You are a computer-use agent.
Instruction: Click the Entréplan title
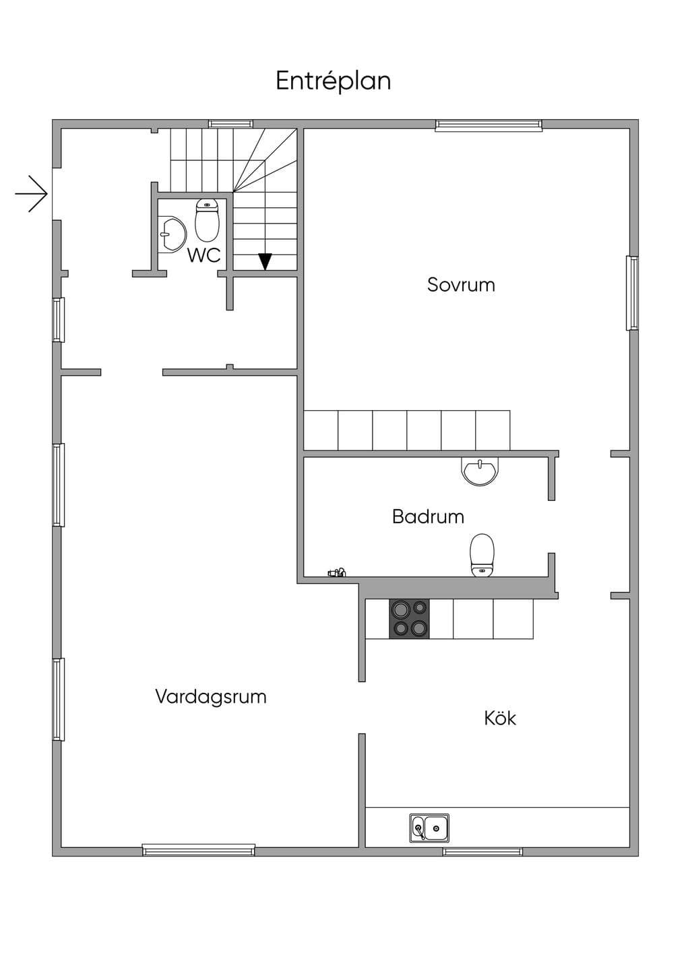click(x=334, y=81)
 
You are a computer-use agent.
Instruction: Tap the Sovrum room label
click(x=461, y=285)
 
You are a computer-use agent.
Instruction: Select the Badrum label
click(x=428, y=516)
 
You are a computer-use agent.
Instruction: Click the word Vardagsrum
click(x=211, y=696)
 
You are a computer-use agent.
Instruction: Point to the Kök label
click(x=500, y=718)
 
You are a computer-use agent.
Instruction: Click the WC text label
click(x=204, y=255)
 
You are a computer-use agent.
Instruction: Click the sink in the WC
click(x=172, y=234)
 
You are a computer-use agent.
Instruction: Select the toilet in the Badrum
click(x=482, y=555)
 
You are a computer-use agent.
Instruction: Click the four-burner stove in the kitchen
click(x=409, y=619)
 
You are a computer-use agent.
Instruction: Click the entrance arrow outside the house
click(x=32, y=194)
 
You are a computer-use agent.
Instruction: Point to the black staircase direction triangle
click(x=265, y=261)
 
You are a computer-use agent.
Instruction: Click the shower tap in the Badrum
click(x=337, y=572)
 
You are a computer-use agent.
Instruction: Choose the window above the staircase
click(x=230, y=124)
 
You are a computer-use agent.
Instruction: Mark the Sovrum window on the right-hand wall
click(x=632, y=293)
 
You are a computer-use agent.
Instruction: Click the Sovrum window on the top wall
click(x=489, y=125)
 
